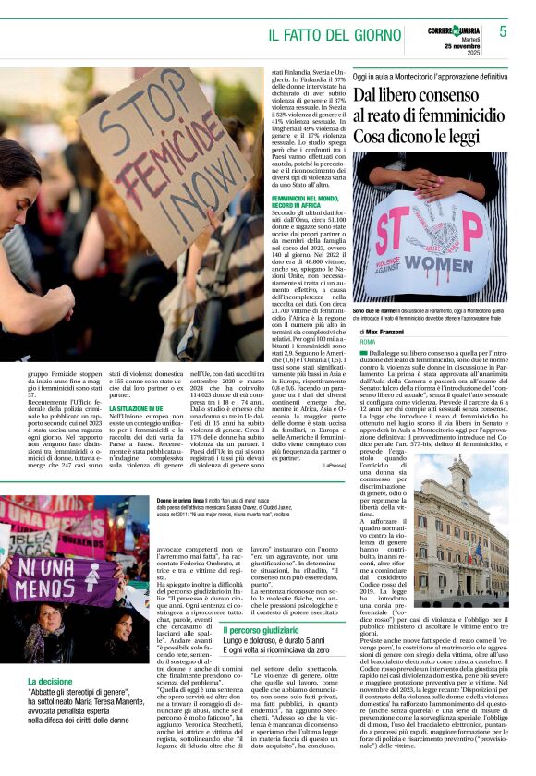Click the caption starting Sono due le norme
pos(427,315)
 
